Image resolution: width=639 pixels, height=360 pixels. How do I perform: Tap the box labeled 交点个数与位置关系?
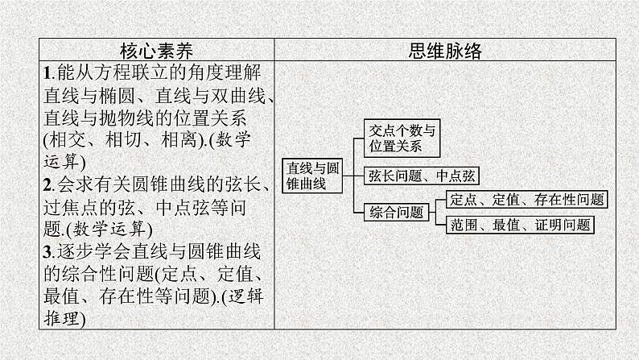400,139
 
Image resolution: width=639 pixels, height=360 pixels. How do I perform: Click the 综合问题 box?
397,213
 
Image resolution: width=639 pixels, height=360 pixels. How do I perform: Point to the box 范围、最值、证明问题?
519,226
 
